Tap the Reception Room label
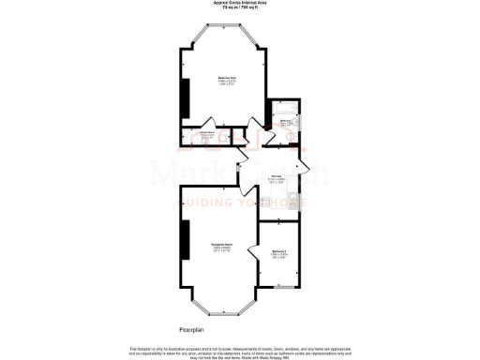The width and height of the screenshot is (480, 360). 220,247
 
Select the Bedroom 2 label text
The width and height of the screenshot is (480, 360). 277,252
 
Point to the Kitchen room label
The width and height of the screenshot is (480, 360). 277,177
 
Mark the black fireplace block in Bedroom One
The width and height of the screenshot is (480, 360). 185,94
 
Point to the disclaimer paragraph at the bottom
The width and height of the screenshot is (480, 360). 239,352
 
